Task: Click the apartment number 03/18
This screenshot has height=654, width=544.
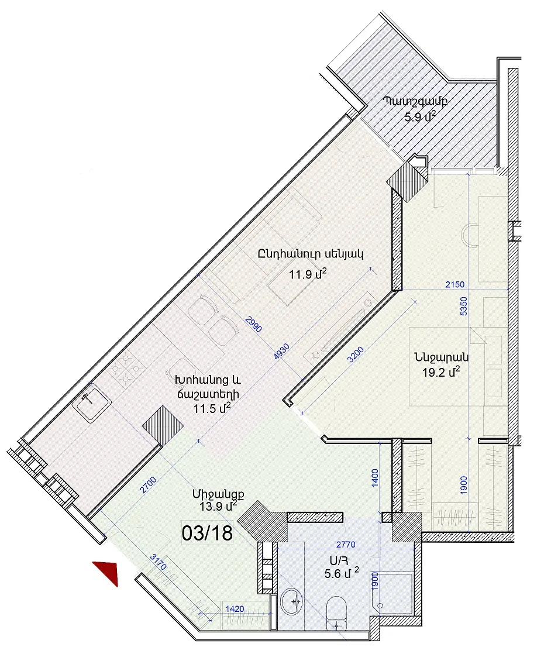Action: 207,533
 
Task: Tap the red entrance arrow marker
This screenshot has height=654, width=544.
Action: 108,572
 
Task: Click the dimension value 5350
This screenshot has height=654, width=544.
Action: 463,306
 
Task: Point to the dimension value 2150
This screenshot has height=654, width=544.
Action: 455,284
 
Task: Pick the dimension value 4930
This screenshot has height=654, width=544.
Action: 281,352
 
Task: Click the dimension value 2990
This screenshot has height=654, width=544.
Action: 254,325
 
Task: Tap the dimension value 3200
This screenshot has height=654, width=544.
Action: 356,355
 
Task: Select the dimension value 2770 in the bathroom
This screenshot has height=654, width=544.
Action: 346,544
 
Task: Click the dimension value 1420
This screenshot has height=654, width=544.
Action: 235,608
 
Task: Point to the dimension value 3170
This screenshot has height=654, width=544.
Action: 159,562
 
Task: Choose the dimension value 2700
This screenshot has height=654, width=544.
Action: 148,485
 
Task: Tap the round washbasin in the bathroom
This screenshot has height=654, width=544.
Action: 293,601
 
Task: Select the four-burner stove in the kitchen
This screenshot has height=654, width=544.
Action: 125,369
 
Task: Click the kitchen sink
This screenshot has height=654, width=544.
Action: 91,403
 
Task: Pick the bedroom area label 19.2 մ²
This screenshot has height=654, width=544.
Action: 441,371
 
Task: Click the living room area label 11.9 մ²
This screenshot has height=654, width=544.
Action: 308,274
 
